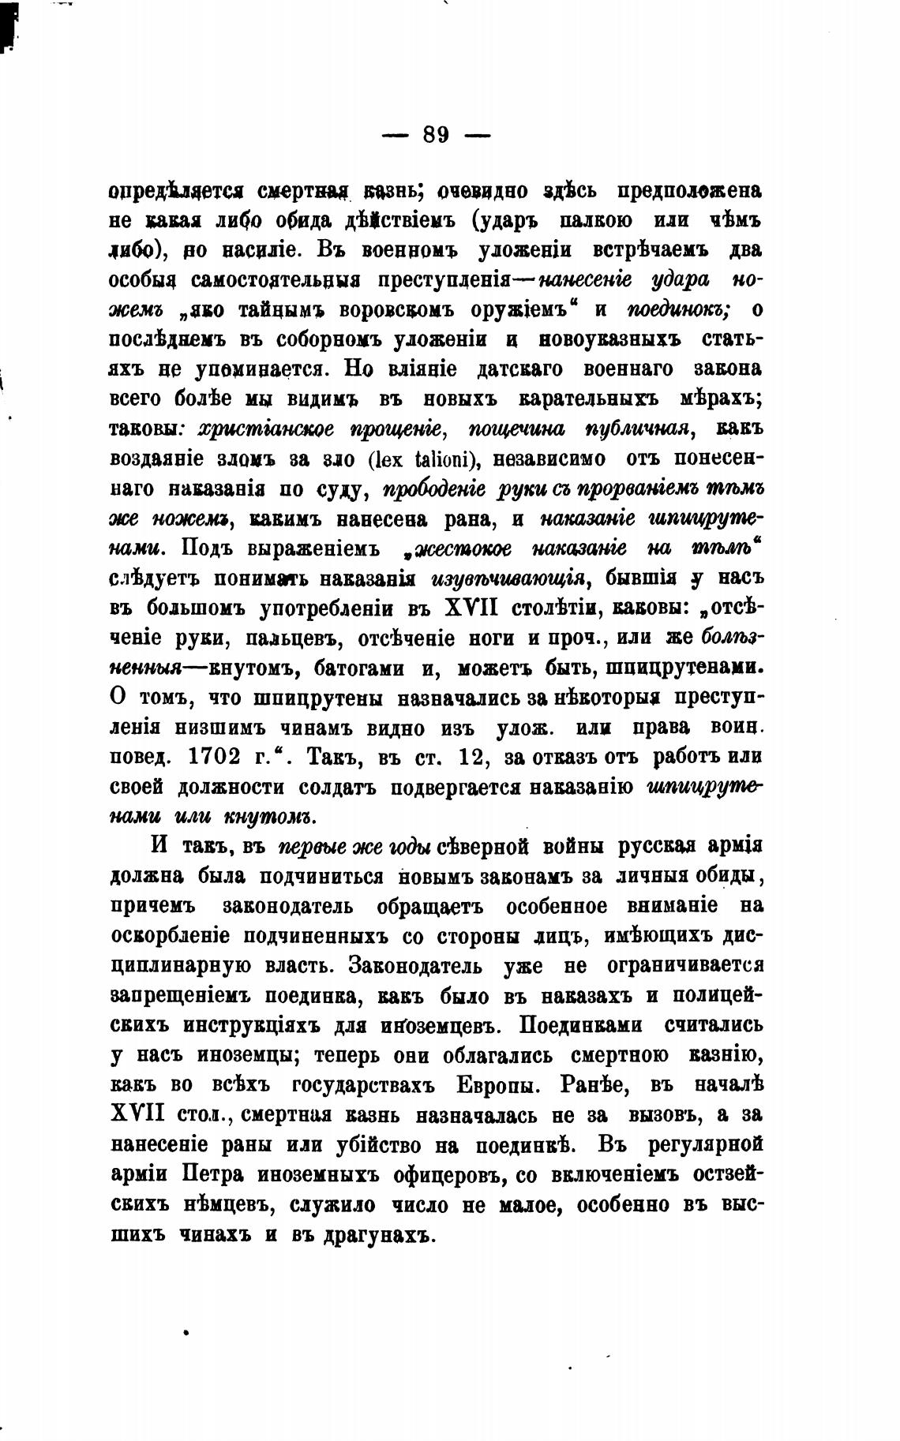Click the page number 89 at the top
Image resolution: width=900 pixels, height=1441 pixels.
coord(436,134)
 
